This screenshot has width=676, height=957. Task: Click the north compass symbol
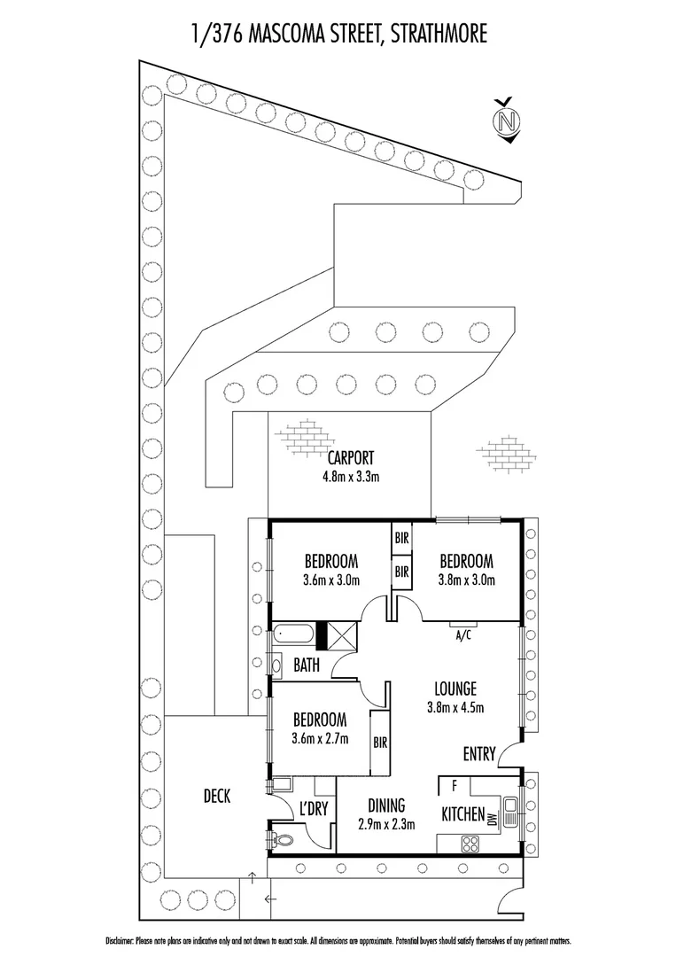[507, 121]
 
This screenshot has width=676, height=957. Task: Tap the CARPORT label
[351, 457]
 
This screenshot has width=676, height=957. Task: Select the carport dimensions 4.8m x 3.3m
[351, 477]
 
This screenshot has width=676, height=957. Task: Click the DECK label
[217, 796]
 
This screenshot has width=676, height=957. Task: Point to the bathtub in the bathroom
[294, 634]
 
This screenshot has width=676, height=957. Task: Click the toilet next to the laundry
[281, 839]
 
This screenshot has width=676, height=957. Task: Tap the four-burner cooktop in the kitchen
[470, 844]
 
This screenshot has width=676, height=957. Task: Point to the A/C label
[463, 636]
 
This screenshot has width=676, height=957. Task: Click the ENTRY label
[479, 754]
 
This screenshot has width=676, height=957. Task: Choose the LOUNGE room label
[455, 689]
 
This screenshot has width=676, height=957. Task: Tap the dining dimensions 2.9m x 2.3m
[387, 825]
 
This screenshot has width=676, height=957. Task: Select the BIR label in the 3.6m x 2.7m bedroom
[380, 743]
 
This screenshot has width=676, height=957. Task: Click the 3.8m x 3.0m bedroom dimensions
[466, 580]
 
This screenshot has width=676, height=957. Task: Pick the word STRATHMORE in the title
[439, 33]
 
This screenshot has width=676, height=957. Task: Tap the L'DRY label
[315, 809]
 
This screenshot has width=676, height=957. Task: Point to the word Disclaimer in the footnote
[119, 942]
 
